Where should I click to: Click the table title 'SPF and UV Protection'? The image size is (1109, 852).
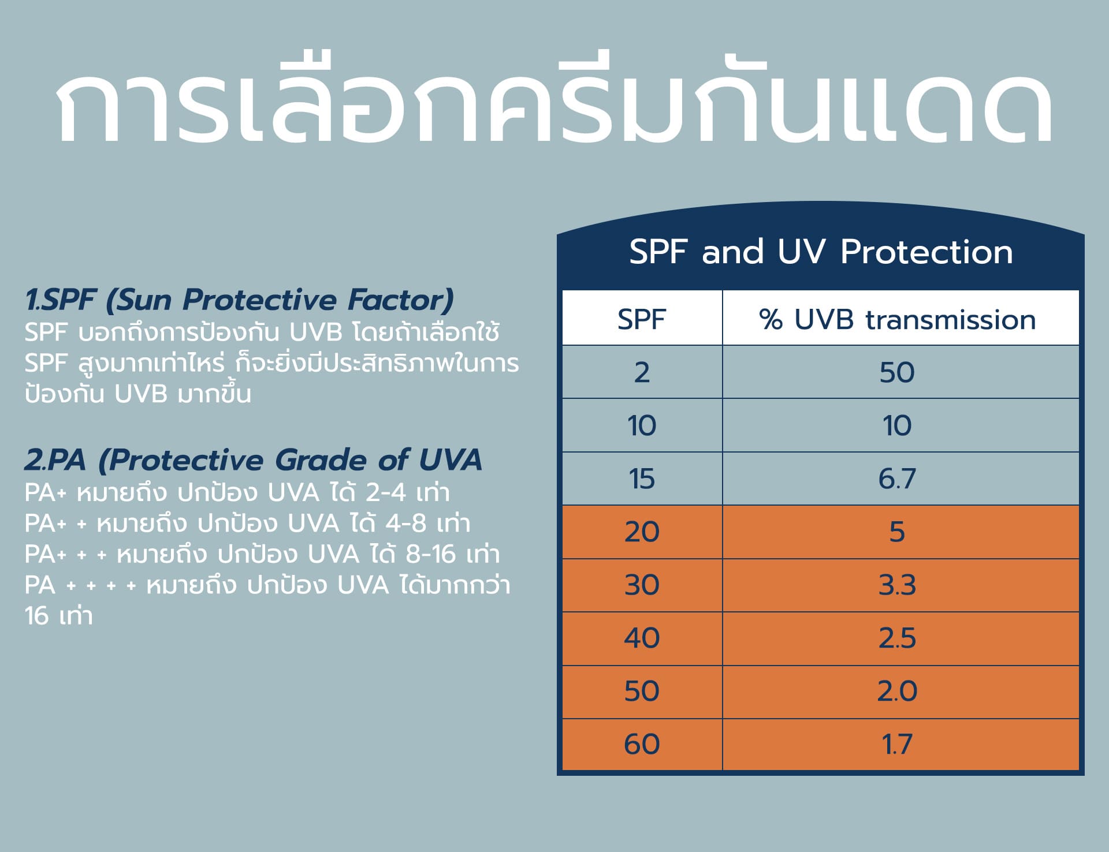tap(821, 252)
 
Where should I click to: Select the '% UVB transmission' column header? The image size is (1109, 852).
tap(897, 320)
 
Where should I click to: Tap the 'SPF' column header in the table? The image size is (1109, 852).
tap(642, 320)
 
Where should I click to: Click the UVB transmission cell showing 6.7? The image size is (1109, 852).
tap(897, 479)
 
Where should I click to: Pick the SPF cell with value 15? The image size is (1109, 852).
tap(642, 479)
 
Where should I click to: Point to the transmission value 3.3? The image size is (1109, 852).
tap(897, 585)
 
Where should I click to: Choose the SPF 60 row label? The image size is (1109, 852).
tap(642, 745)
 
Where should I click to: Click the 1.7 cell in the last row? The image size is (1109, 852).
tap(897, 745)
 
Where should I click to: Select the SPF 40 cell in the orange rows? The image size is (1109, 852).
tap(642, 638)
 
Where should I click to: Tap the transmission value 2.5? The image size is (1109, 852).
tap(897, 638)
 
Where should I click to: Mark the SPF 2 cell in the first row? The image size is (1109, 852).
tap(642, 373)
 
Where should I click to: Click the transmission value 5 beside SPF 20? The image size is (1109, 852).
tap(897, 532)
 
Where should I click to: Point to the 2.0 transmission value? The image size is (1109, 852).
tap(897, 692)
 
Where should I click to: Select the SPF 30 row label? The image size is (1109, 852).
tap(642, 585)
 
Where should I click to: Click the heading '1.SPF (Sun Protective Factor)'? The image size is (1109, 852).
tap(239, 300)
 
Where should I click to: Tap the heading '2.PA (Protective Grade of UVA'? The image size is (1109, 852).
tap(253, 461)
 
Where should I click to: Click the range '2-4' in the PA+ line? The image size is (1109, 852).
tap(385, 493)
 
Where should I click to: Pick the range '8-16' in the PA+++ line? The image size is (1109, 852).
tap(430, 555)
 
